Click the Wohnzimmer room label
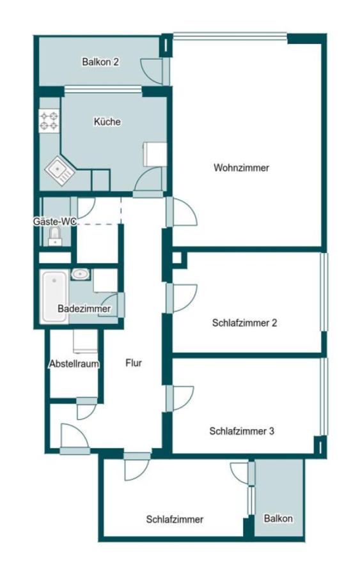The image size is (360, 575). tap(241, 168)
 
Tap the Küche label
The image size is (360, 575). tap(107, 121)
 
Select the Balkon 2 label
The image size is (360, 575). tap(101, 62)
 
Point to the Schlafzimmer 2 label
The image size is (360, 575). tap(244, 323)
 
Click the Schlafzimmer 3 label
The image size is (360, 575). tap(242, 431)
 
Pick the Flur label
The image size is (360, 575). tap(133, 363)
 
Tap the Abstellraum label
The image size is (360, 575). tap(74, 364)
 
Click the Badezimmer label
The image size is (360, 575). tap(84, 309)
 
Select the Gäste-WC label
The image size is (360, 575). tap(55, 221)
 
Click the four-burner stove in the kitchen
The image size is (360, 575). tap(49, 121)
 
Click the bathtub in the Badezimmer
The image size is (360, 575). tap(54, 296)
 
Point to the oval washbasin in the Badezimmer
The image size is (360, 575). tap(81, 274)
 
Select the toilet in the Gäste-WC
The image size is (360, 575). tap(55, 236)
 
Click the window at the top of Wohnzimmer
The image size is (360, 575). tap(230, 36)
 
